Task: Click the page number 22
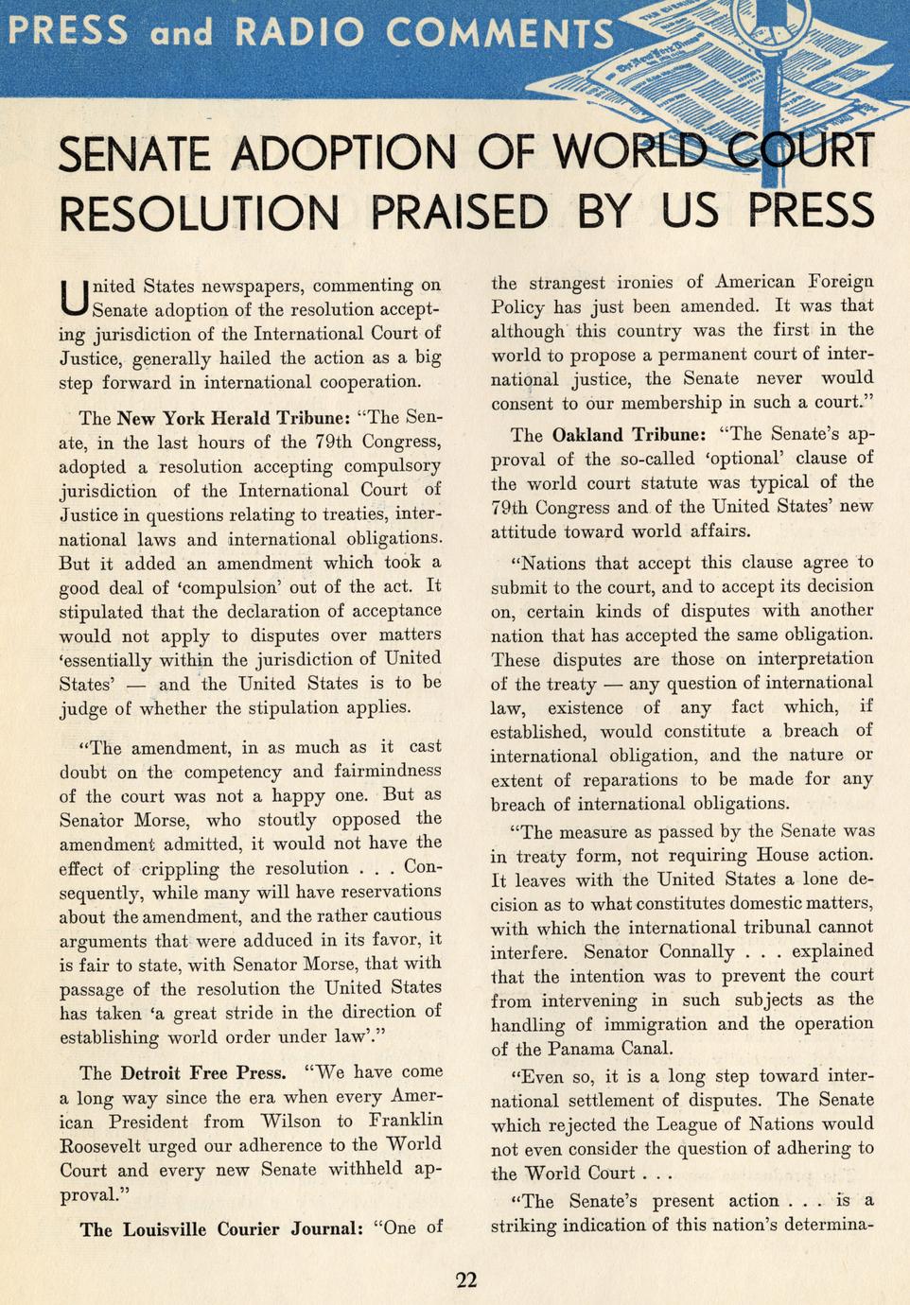click(466, 1281)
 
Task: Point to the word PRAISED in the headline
click(459, 211)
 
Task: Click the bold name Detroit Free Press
click(202, 1073)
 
